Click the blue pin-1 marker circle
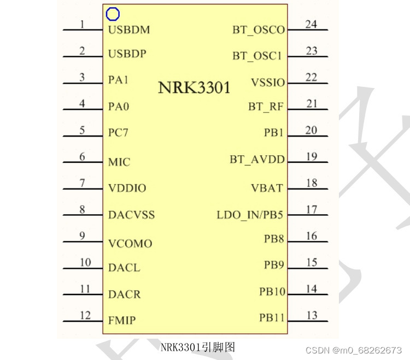[x=113, y=14]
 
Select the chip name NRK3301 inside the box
[x=194, y=87]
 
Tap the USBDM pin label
[x=129, y=29]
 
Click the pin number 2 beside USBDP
[x=83, y=51]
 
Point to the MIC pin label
[x=119, y=162]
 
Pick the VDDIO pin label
[x=127, y=188]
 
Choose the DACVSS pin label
[x=131, y=215]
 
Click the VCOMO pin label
[x=130, y=244]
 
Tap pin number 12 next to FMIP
[x=85, y=315]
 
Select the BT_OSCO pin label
[x=259, y=30]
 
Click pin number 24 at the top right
[x=311, y=25]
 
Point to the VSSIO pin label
[x=268, y=82]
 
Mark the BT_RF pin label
[x=266, y=107]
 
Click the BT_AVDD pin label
[x=257, y=160]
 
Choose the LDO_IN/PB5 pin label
[x=250, y=215]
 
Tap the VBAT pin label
[x=267, y=188]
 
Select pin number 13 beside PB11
[x=312, y=315]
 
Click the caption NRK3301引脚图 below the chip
[x=198, y=347]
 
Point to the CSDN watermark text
[x=353, y=350]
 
